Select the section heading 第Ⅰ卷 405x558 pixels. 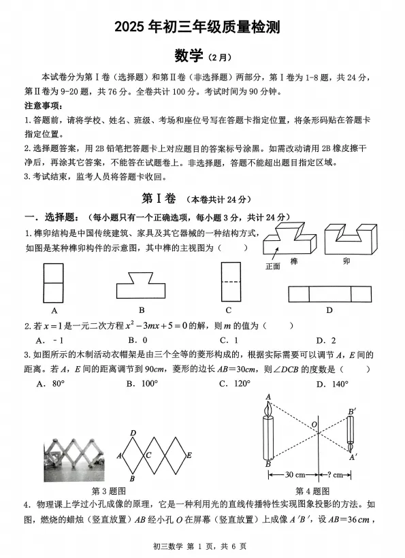(x=158, y=199)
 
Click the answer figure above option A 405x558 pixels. (x=52, y=282)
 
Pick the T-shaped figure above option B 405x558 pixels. (x=141, y=282)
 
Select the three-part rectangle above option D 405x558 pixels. (x=329, y=294)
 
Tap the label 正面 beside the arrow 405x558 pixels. (x=272, y=267)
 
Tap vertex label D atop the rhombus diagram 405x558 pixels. (x=133, y=432)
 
